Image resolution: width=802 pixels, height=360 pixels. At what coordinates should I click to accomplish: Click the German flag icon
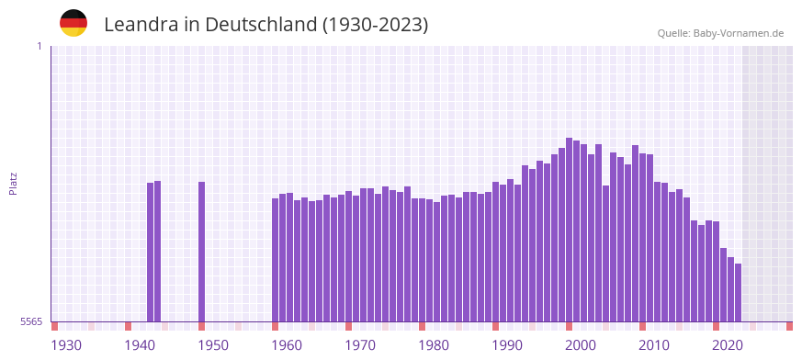[73, 23]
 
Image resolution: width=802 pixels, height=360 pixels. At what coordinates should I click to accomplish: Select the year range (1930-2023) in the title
[375, 25]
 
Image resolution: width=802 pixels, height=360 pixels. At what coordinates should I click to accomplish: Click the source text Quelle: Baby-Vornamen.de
[720, 33]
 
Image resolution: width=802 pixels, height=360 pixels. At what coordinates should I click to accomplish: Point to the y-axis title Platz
[13, 183]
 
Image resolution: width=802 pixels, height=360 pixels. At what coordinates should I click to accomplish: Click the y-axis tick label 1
[39, 46]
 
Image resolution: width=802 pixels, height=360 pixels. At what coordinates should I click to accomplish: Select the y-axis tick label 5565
[30, 321]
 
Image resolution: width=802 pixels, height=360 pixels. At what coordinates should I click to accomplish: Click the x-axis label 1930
[66, 345]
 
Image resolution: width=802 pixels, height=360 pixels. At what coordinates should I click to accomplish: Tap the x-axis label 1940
[140, 345]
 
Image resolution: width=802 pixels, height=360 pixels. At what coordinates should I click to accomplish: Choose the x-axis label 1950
[213, 345]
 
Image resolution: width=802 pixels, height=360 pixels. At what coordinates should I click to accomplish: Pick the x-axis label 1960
[287, 345]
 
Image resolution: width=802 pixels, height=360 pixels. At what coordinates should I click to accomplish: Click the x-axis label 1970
[360, 345]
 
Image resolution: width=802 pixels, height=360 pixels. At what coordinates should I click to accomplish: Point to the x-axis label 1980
[434, 345]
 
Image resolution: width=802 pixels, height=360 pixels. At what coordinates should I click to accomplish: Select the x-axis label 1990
[507, 345]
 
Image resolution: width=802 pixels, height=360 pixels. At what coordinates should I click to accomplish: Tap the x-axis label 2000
[581, 345]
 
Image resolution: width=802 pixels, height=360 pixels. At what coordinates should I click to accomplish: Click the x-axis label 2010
[654, 345]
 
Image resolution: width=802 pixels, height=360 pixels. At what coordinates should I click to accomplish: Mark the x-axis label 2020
[728, 345]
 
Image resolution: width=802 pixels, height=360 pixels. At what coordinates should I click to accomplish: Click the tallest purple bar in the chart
[570, 230]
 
